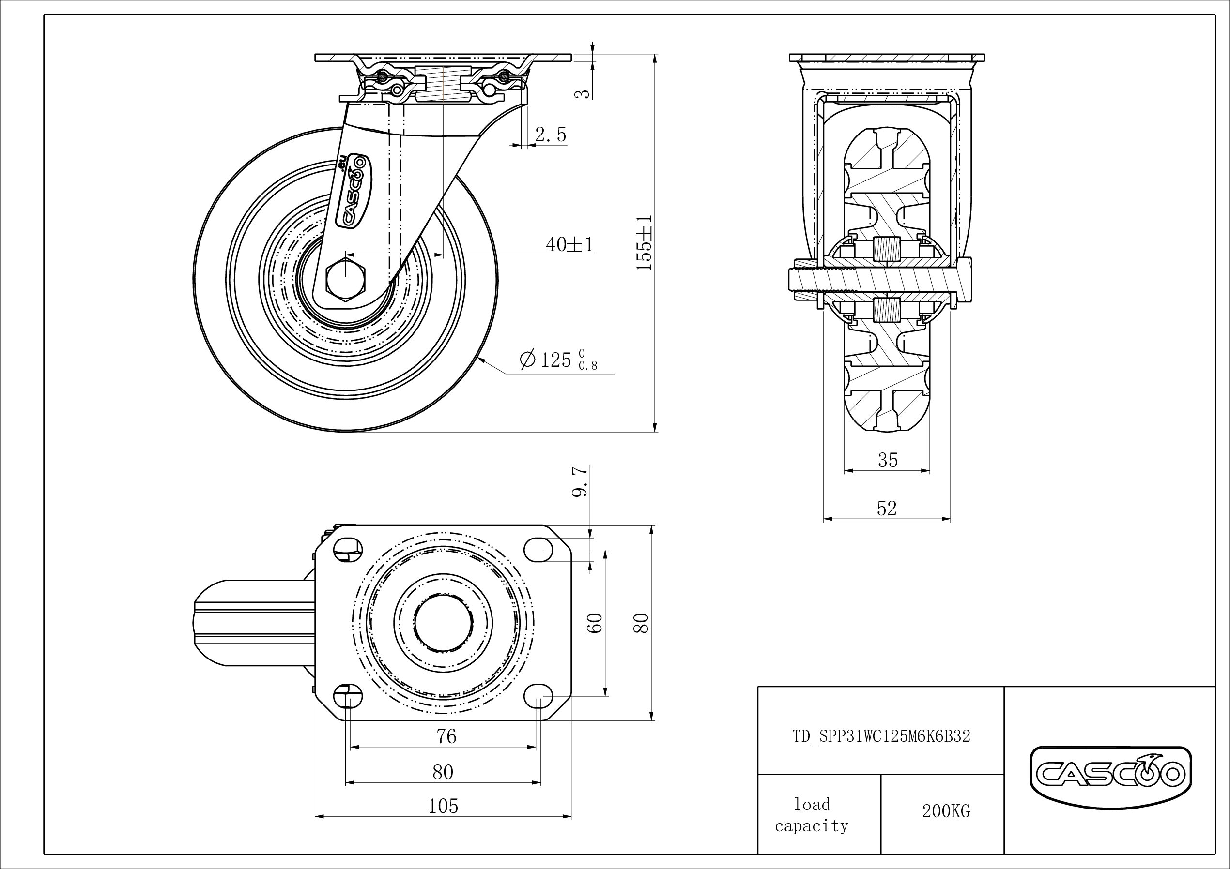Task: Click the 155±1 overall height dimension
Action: coord(644,242)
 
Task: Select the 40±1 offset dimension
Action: coord(569,245)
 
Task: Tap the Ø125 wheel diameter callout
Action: coord(558,360)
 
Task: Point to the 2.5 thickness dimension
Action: coord(550,135)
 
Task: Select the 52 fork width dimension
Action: coord(887,508)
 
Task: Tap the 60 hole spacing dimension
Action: coord(596,623)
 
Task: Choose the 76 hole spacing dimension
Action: coord(446,737)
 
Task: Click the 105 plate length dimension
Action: coord(444,806)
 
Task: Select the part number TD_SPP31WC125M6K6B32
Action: coord(881,737)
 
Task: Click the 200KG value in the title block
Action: coord(946,811)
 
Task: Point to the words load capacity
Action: coord(812,815)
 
